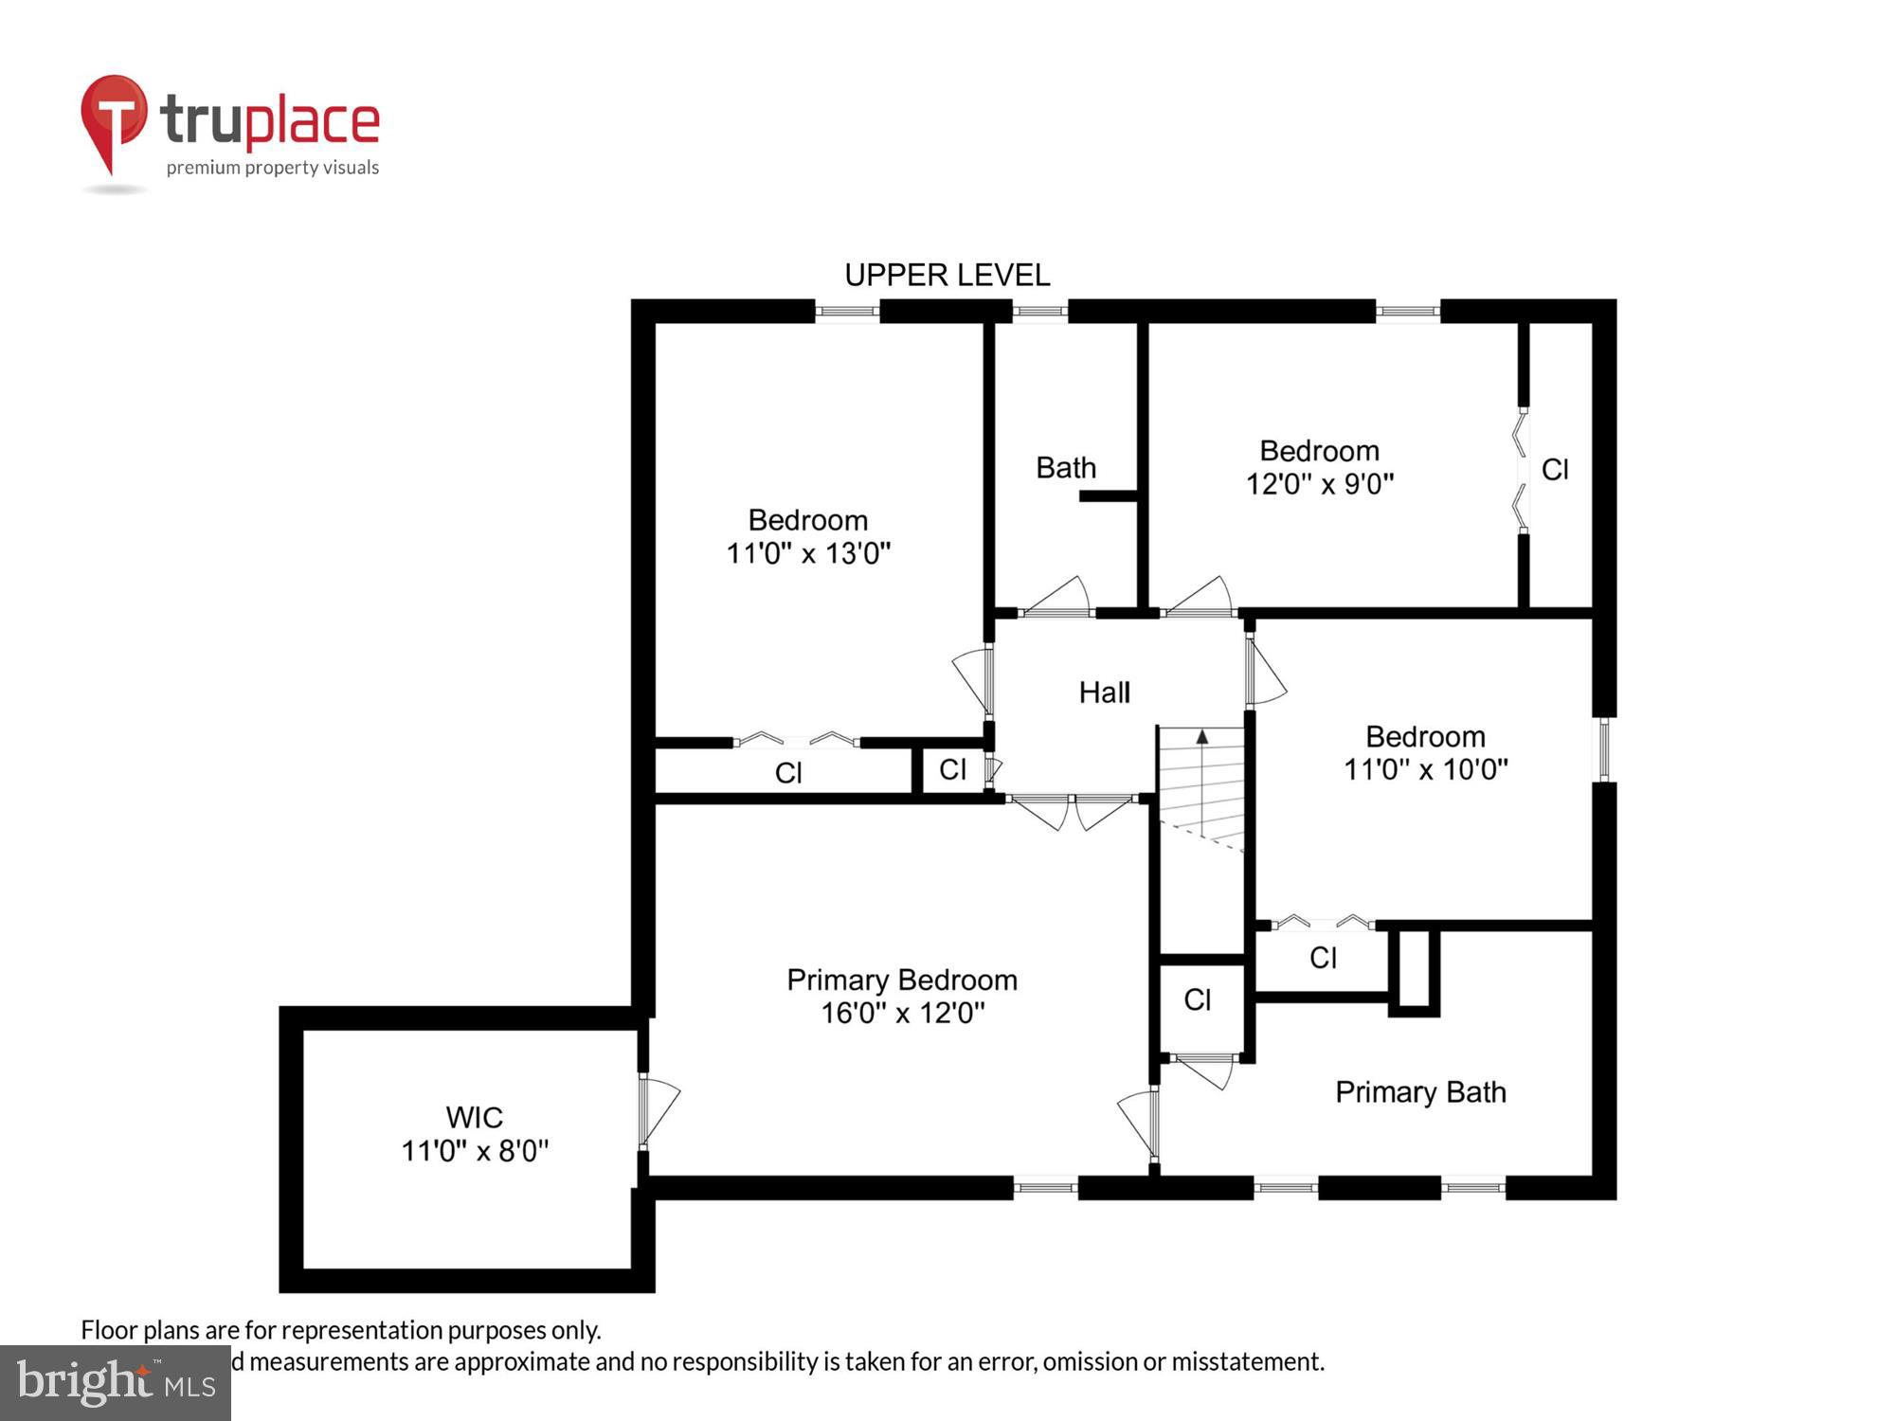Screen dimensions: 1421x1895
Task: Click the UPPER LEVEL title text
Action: pyautogui.click(x=947, y=276)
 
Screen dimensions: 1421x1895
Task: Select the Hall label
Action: pyautogui.click(x=1104, y=693)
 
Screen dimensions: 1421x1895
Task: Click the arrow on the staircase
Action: pyautogui.click(x=1202, y=736)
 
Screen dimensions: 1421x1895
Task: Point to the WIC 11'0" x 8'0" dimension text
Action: pyautogui.click(x=475, y=1151)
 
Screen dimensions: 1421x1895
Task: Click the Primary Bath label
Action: pyautogui.click(x=1419, y=1092)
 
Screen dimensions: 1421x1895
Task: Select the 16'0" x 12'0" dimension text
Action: pyautogui.click(x=902, y=1013)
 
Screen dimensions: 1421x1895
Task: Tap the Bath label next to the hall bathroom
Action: pyautogui.click(x=1065, y=468)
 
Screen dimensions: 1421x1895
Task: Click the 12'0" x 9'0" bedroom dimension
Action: pyautogui.click(x=1319, y=484)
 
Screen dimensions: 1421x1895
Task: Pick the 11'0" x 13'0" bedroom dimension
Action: pyautogui.click(x=808, y=553)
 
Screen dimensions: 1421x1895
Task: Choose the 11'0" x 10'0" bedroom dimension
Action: pyautogui.click(x=1425, y=769)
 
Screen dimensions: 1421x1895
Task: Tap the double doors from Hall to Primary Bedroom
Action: pyautogui.click(x=1072, y=811)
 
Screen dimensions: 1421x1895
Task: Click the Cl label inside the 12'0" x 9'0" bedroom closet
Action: pyautogui.click(x=1555, y=470)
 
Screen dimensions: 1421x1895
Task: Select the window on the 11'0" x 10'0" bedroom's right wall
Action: pyautogui.click(x=1603, y=749)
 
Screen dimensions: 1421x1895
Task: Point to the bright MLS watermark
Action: pyautogui.click(x=116, y=1383)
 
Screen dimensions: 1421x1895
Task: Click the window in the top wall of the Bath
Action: pyautogui.click(x=1040, y=311)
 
